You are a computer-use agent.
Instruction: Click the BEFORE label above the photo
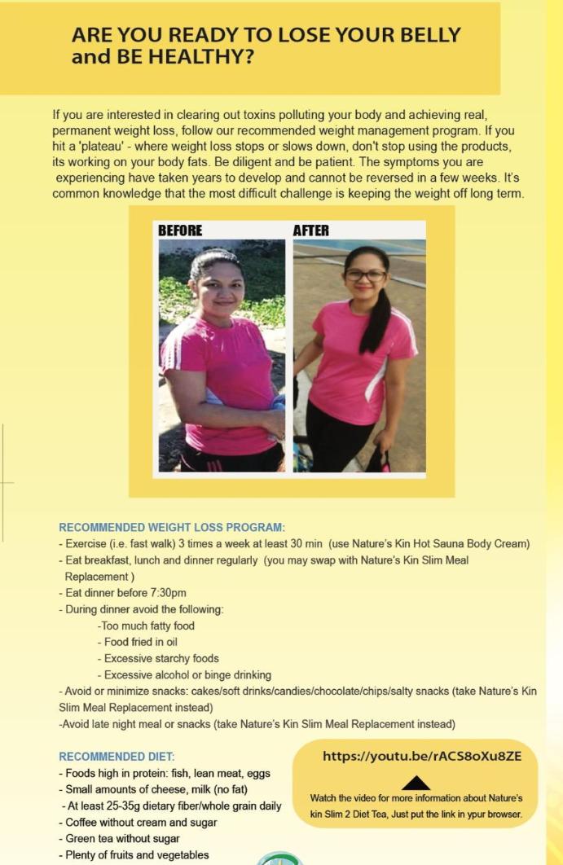(x=180, y=231)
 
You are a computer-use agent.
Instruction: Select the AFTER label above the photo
(x=310, y=231)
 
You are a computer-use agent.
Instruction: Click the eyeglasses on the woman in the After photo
(x=365, y=276)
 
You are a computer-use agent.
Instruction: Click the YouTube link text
(x=422, y=756)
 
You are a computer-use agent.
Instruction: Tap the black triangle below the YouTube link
(x=416, y=783)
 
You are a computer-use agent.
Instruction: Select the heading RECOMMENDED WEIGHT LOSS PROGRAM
(x=172, y=528)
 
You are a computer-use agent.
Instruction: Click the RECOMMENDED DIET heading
(x=117, y=757)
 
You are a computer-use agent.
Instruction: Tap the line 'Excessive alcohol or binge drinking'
(x=184, y=674)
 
